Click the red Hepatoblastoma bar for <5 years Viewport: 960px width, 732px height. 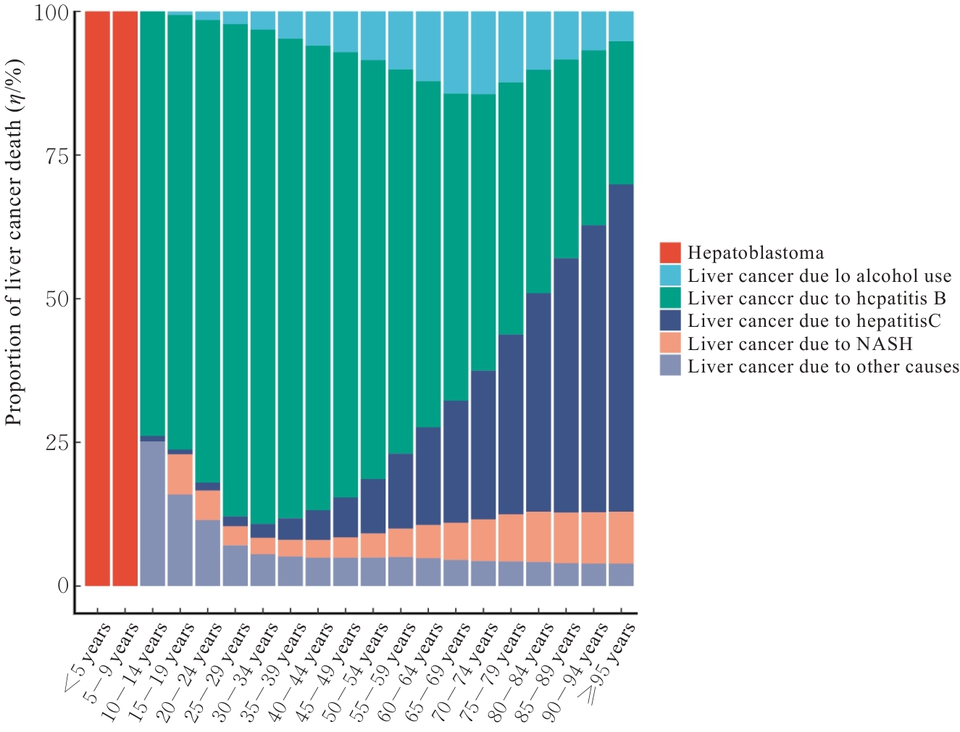point(97,298)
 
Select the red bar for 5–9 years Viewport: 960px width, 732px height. point(125,298)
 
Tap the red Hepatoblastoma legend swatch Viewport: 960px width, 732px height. point(670,252)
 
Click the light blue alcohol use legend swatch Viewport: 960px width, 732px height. point(670,275)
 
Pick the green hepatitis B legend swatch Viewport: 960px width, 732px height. point(670,298)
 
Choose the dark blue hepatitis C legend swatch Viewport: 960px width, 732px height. point(670,320)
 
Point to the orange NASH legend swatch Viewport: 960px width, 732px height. point(670,343)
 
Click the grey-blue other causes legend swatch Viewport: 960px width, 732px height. point(670,366)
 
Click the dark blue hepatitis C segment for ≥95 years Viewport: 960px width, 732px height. point(621,348)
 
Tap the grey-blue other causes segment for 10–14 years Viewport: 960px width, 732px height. point(152,512)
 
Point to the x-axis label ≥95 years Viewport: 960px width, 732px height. point(607,663)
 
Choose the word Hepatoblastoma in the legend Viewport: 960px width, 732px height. point(756,253)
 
